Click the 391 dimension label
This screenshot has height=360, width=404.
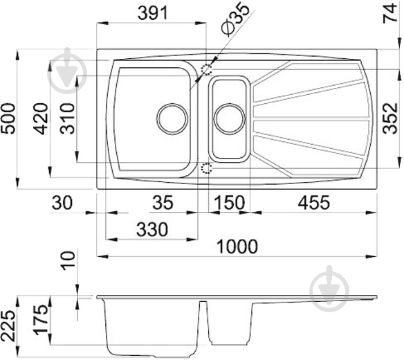point(153,13)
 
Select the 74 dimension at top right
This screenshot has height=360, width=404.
point(390,13)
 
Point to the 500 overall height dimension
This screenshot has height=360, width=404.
point(8,118)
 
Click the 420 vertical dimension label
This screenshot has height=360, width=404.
point(42,118)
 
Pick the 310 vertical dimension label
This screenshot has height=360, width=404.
point(67,118)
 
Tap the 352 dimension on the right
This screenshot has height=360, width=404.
point(390,118)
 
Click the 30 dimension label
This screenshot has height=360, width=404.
point(62,202)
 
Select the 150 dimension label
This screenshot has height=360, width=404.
point(229,202)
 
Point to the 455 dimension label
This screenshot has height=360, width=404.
point(313,202)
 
